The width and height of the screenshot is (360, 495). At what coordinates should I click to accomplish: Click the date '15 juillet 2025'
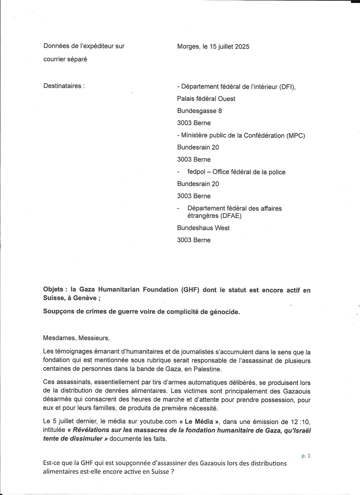tap(226, 46)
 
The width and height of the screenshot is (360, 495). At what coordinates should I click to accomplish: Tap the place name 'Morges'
tap(188, 46)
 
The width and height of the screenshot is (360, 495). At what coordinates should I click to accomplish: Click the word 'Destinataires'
tap(63, 86)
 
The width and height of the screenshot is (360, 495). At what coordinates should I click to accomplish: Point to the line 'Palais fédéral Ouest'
tap(206, 98)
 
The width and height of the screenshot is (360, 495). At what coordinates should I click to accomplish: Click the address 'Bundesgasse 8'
tap(199, 111)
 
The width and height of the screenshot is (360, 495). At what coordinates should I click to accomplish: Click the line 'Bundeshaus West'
tap(203, 228)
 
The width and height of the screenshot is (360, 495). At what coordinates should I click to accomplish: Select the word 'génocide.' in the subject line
tap(224, 312)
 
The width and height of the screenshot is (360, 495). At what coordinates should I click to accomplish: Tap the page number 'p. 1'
tap(306, 455)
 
